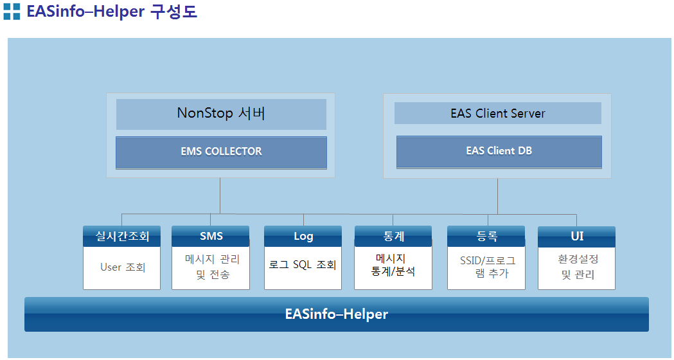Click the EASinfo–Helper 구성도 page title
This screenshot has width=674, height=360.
pyautogui.click(x=112, y=11)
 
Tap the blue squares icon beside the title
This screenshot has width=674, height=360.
pyautogui.click(x=12, y=12)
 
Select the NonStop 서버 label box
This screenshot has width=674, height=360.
pyautogui.click(x=221, y=114)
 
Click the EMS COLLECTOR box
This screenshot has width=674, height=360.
pyautogui.click(x=221, y=153)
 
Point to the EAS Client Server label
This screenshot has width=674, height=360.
pyautogui.click(x=498, y=113)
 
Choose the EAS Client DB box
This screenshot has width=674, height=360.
pyautogui.click(x=499, y=152)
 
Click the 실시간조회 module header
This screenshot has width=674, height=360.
pyautogui.click(x=121, y=236)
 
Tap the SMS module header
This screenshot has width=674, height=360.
pyautogui.click(x=211, y=236)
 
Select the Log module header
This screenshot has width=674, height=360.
pyautogui.click(x=303, y=236)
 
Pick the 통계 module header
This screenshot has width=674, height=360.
pyautogui.click(x=393, y=236)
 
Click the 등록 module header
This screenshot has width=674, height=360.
pyautogui.click(x=486, y=236)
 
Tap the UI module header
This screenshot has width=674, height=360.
pyautogui.click(x=576, y=236)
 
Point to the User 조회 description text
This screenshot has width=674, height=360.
pyautogui.click(x=123, y=267)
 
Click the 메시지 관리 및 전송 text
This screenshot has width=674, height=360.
pyautogui.click(x=212, y=267)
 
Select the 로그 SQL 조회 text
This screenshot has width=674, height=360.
pyautogui.click(x=302, y=264)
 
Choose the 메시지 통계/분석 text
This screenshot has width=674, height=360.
pyautogui.click(x=393, y=265)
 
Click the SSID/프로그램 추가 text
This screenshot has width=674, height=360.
pyautogui.click(x=488, y=267)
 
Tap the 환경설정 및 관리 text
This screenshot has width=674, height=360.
pyautogui.click(x=578, y=267)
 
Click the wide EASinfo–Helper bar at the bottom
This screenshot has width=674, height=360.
pyautogui.click(x=337, y=314)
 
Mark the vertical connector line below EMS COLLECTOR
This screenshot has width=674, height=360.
pyautogui.click(x=220, y=195)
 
